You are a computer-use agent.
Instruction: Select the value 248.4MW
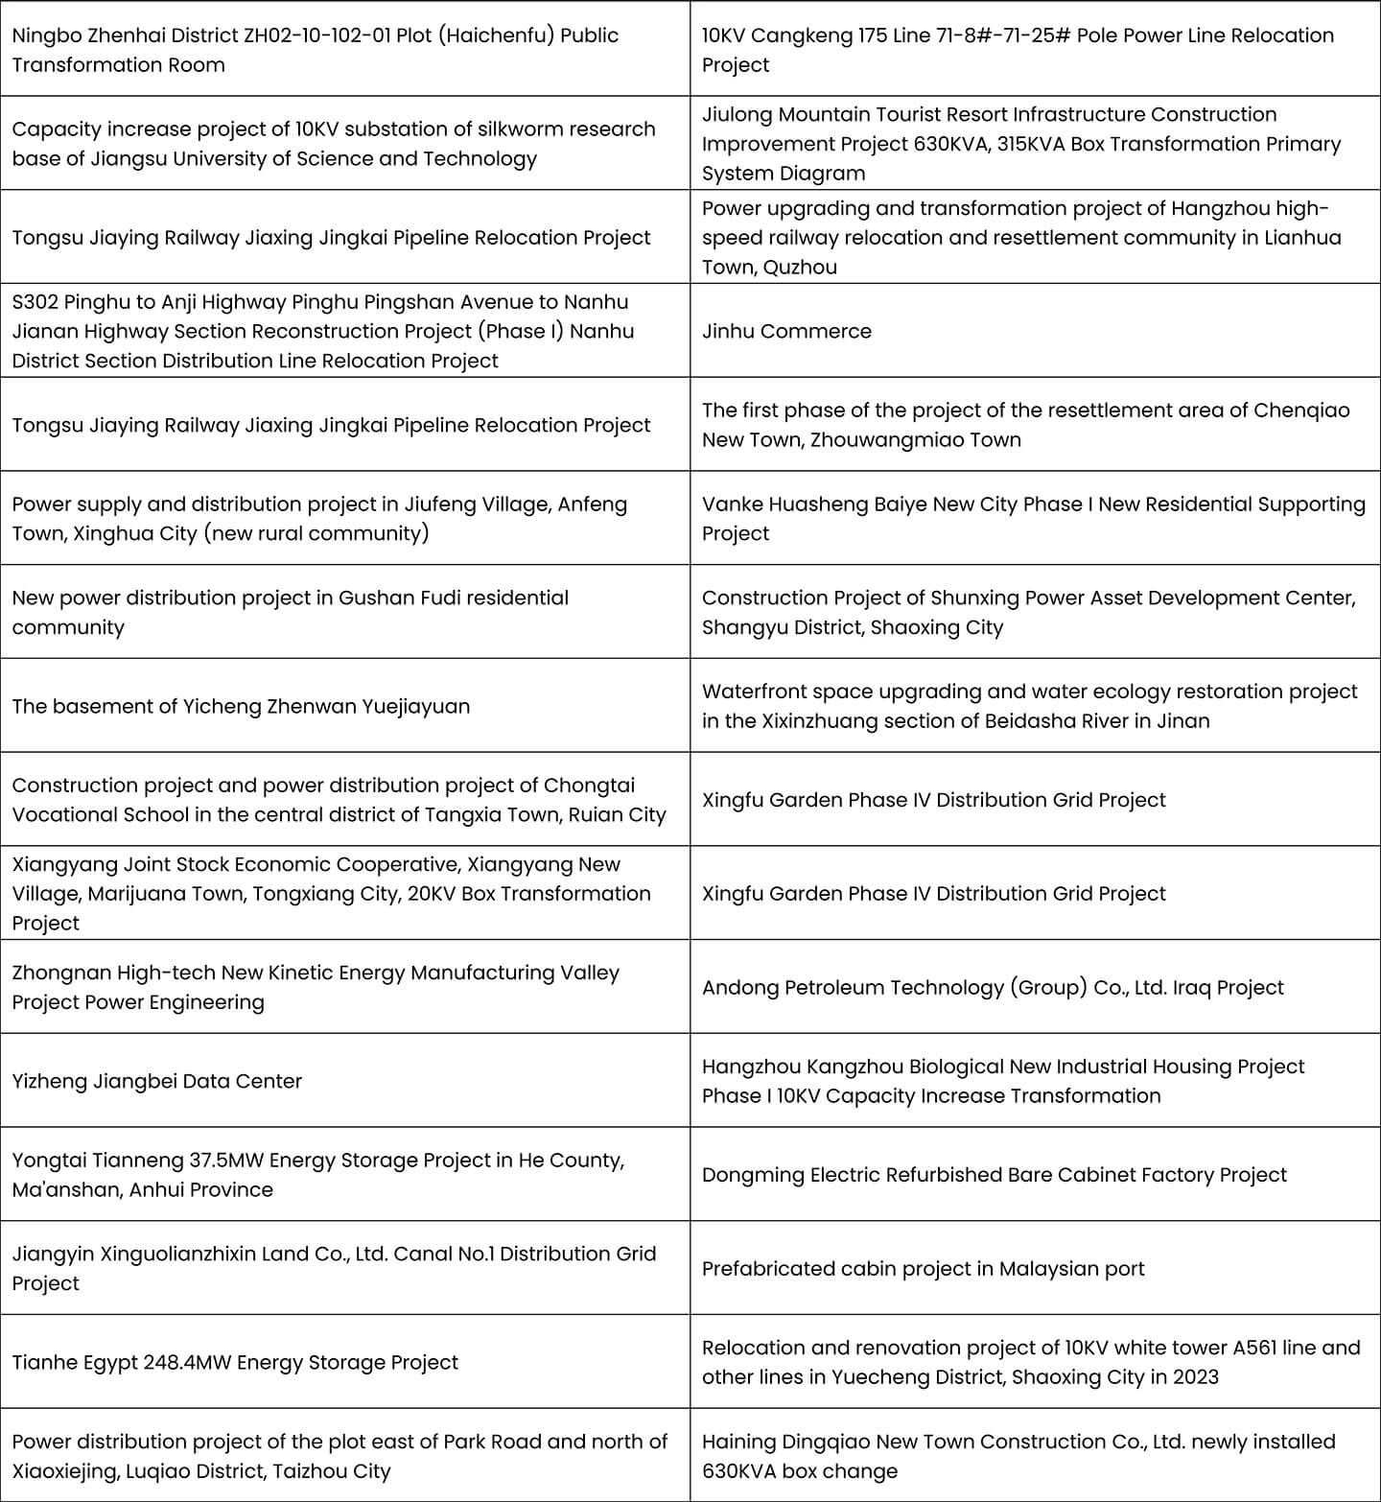tap(186, 1362)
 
